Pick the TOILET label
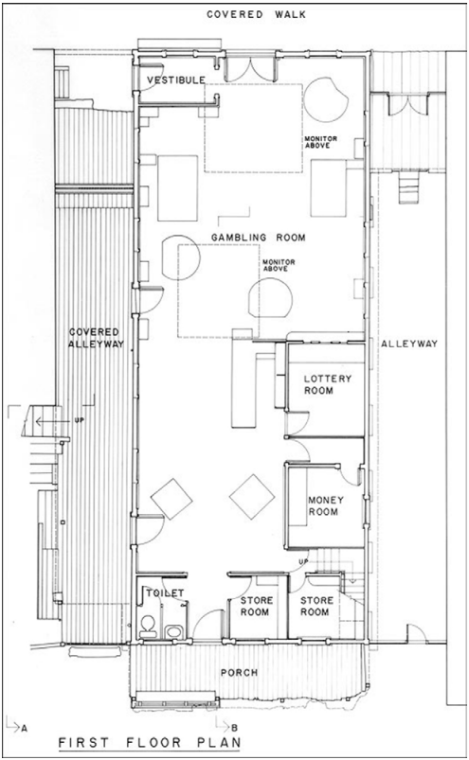[163, 593]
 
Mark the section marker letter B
[245, 727]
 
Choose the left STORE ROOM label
[257, 605]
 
